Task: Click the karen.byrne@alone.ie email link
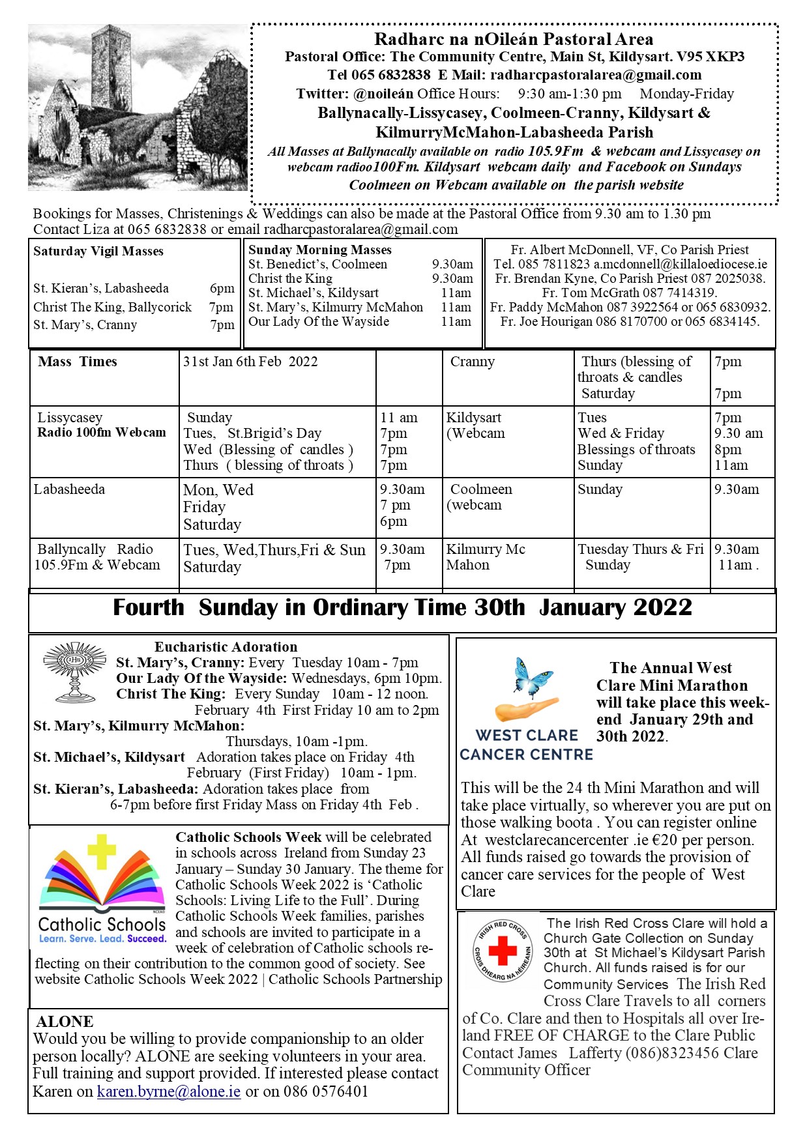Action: click(x=169, y=1091)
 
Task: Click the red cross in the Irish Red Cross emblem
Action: click(x=503, y=951)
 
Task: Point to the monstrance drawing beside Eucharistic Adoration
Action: click(x=74, y=671)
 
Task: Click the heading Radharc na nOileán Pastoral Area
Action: click(x=514, y=40)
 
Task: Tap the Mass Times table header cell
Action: click(x=78, y=362)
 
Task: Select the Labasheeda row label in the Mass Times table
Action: click(x=69, y=489)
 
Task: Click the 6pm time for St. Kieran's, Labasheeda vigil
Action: click(x=222, y=289)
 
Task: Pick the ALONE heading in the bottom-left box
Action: click(x=65, y=1021)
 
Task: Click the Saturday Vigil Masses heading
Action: click(x=98, y=252)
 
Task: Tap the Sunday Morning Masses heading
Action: click(x=320, y=250)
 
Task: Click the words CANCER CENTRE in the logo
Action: click(x=526, y=755)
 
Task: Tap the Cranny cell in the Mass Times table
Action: click(x=472, y=362)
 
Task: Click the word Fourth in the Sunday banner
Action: click(x=149, y=608)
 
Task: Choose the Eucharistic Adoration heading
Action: click(x=226, y=647)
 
